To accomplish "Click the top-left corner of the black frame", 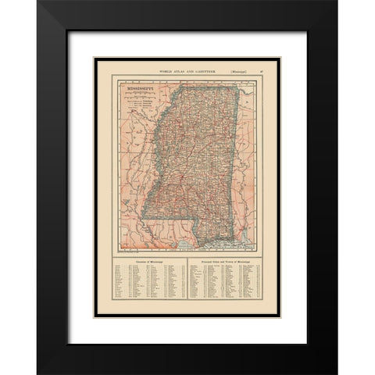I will [38, 4].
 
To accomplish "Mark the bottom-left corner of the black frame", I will [38, 370].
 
